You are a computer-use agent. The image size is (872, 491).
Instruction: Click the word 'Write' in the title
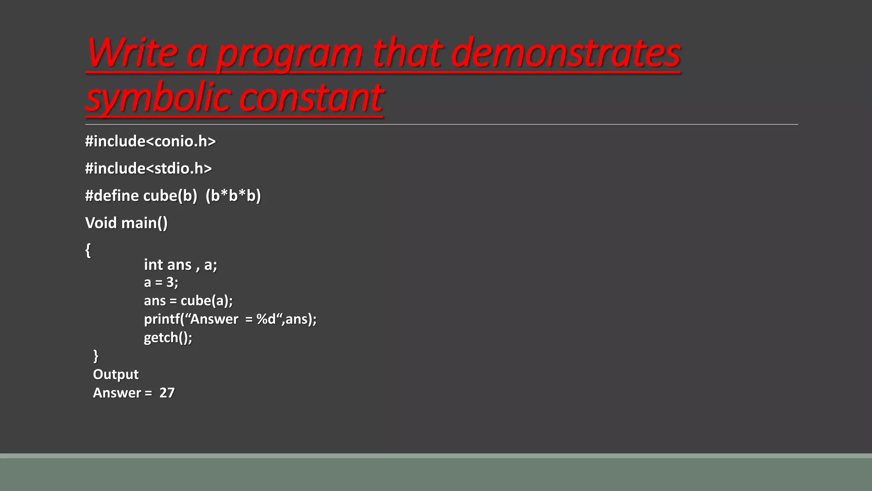132,53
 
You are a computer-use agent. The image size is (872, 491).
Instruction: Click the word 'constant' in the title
311,98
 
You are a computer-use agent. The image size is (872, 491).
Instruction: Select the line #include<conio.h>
150,141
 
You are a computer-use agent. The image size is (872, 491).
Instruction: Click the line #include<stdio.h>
148,168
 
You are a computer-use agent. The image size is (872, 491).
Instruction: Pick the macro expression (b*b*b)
233,196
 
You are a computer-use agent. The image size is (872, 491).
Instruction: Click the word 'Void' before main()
100,223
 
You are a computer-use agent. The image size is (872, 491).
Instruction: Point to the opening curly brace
88,250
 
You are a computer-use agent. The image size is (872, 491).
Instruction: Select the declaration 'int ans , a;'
180,265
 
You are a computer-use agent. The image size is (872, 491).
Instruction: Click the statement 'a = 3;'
161,282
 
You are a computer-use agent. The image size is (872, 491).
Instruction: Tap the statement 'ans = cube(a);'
188,300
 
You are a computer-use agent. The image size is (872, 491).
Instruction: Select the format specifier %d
266,319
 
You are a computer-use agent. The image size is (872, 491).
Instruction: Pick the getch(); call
168,338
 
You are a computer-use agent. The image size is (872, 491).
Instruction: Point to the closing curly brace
96,355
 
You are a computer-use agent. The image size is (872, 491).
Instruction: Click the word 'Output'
115,374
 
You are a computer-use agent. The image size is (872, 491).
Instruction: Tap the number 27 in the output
167,393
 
